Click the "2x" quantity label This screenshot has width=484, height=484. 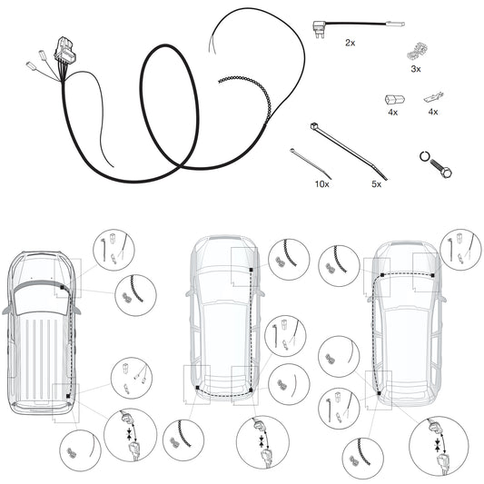point(350,43)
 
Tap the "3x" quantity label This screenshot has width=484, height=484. point(416,69)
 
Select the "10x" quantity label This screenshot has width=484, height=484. point(322,184)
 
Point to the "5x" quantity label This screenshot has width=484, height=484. point(376,184)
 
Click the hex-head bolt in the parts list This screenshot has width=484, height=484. point(440,167)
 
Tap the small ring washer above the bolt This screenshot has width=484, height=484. point(424,156)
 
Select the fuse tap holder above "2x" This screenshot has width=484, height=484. point(319,28)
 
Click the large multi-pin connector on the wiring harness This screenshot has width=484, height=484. point(65,49)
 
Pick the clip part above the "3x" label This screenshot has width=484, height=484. point(417,51)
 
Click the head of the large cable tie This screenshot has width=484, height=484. point(314,125)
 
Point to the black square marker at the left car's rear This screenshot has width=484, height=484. point(68,396)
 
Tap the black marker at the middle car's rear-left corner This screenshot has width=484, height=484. point(198,388)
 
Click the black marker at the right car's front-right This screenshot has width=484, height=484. point(433,275)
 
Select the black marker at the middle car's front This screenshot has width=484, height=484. point(251,270)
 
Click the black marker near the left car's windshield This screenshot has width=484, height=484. point(62,287)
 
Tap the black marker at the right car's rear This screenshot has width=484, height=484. point(379,393)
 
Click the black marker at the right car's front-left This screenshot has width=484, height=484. point(382,275)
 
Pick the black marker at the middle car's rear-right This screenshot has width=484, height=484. point(251,390)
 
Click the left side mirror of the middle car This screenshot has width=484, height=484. point(189,293)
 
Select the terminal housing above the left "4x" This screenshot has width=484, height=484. point(394,100)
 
